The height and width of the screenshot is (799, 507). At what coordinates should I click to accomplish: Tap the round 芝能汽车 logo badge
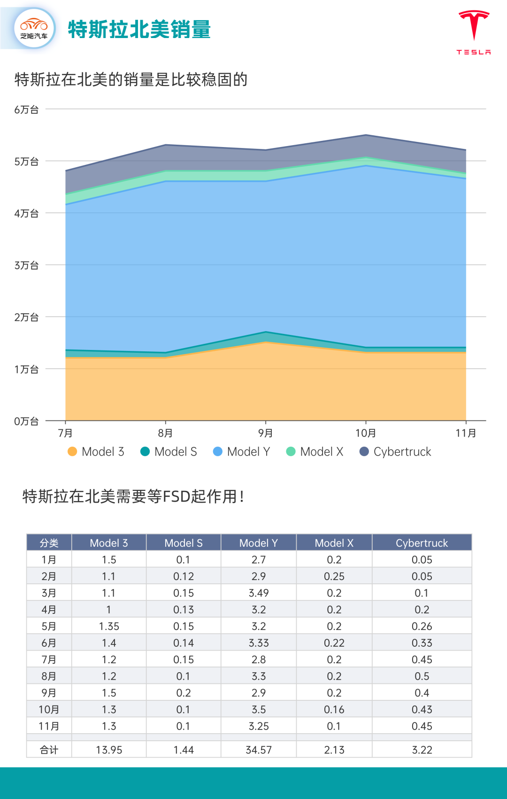tap(34, 29)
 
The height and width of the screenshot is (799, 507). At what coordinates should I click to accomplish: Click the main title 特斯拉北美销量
tap(139, 30)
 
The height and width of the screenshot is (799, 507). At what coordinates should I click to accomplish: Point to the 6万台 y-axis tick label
tap(26, 109)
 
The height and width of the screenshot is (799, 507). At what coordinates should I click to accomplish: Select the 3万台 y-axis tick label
tap(26, 265)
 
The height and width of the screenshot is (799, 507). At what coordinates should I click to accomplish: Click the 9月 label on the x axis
tap(266, 433)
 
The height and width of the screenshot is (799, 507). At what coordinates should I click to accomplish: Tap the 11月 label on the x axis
tap(466, 433)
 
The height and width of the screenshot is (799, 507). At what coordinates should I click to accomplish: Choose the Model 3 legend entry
tap(96, 452)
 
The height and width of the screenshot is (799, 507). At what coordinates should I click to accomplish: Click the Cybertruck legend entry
tap(395, 452)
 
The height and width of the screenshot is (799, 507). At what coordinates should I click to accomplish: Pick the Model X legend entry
tap(315, 452)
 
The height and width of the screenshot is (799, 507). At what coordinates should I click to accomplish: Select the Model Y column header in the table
tap(259, 543)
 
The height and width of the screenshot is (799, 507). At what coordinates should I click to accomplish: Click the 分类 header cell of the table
tap(49, 543)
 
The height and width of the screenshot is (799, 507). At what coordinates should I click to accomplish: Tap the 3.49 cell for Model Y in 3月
tap(259, 593)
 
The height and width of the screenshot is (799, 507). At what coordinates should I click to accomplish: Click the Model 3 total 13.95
tap(109, 750)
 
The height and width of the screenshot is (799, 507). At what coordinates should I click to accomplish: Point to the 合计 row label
tap(49, 750)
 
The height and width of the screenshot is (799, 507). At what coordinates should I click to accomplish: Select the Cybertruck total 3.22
tap(422, 750)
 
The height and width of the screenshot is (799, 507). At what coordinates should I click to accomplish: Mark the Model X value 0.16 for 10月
tap(334, 710)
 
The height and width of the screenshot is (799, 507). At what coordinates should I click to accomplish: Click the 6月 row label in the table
tap(49, 643)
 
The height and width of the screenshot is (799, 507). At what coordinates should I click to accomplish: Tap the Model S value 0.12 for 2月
tap(184, 576)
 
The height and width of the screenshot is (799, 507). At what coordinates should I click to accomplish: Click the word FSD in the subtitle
tap(177, 496)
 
